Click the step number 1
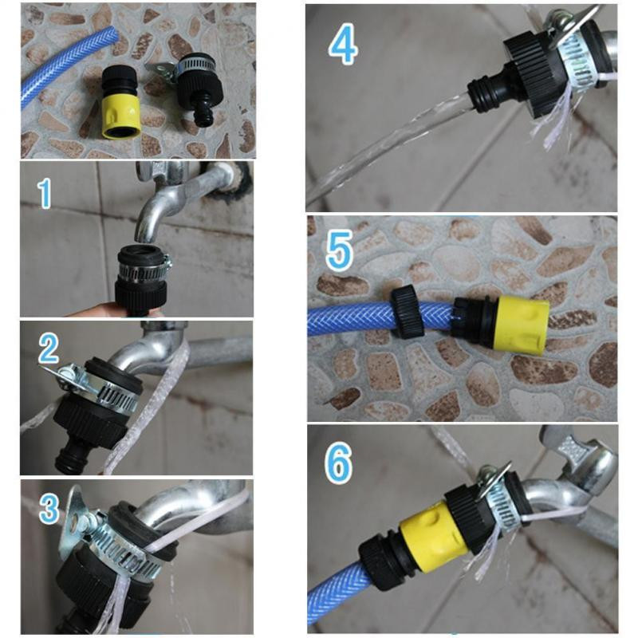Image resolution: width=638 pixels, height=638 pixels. click(45, 194)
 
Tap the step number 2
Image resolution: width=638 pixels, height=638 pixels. click(49, 348)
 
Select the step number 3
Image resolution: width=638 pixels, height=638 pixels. click(49, 508)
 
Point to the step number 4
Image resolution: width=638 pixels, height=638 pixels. click(343, 46)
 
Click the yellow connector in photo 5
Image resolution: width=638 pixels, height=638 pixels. click(520, 324)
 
